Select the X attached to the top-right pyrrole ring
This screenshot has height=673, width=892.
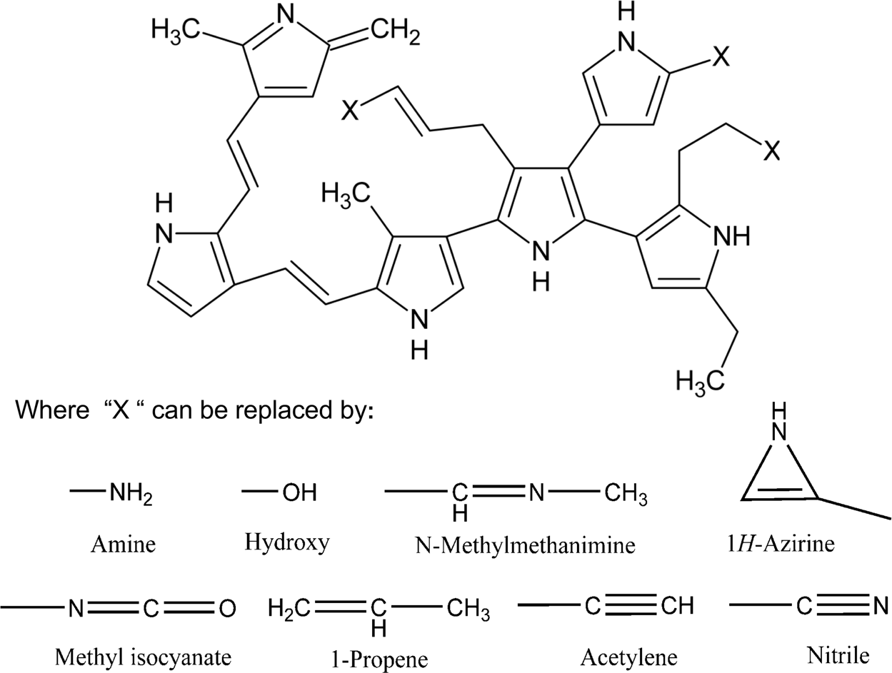[723, 60]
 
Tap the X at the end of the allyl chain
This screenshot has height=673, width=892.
[351, 111]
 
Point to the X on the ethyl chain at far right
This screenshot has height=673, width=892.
[771, 151]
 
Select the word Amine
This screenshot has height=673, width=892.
[123, 545]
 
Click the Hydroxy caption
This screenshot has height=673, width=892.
[287, 542]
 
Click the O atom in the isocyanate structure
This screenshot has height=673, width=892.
[227, 609]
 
